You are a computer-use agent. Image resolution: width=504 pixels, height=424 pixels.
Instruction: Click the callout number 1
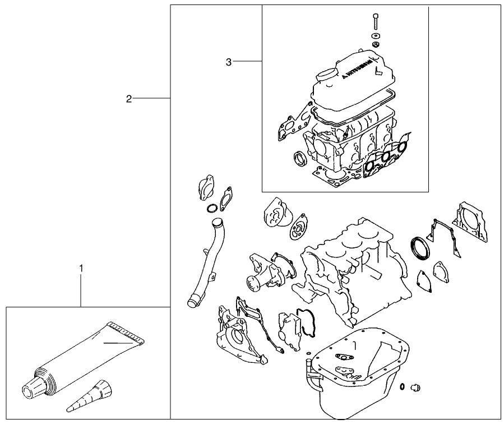click(x=81, y=269)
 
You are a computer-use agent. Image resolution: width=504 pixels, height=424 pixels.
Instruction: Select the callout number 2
click(x=128, y=99)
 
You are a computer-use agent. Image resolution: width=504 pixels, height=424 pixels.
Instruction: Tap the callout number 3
click(x=228, y=62)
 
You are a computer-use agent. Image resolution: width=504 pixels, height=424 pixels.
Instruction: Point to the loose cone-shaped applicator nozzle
click(x=93, y=395)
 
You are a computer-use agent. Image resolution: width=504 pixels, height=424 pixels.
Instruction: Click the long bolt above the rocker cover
click(x=374, y=22)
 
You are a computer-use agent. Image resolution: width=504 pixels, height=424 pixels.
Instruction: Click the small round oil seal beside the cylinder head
click(x=300, y=158)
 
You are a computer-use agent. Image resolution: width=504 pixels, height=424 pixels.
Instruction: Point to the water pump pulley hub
click(x=251, y=280)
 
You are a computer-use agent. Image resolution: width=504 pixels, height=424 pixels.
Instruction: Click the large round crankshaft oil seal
click(x=419, y=248)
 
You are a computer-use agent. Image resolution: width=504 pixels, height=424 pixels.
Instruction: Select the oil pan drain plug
click(x=415, y=387)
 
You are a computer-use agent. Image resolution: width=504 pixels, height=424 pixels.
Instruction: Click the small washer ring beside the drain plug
click(x=403, y=386)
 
